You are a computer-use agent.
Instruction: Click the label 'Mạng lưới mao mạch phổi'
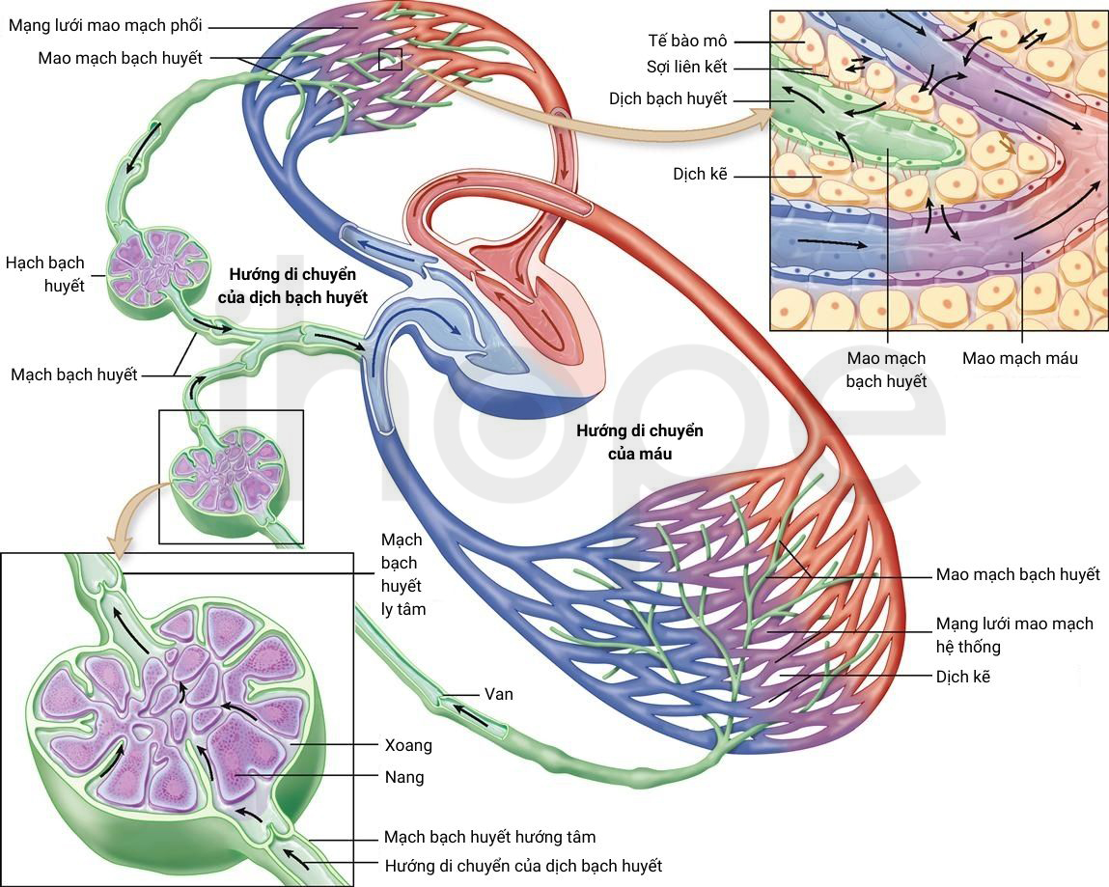click(x=105, y=26)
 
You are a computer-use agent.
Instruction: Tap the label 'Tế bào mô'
click(x=687, y=42)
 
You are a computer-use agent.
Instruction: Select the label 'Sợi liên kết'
click(x=687, y=68)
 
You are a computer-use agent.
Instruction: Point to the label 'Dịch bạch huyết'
click(x=668, y=99)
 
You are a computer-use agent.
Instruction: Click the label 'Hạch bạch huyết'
click(x=45, y=274)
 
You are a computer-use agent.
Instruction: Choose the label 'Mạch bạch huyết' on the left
click(x=74, y=374)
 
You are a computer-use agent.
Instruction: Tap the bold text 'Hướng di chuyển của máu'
click(x=639, y=442)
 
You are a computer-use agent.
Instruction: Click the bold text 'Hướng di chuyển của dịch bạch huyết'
click(x=292, y=286)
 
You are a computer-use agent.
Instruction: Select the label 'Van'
click(x=499, y=694)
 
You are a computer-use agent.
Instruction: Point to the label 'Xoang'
click(x=408, y=745)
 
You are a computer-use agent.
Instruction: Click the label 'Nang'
click(x=404, y=777)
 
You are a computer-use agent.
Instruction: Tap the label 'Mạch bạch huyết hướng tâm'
click(x=489, y=838)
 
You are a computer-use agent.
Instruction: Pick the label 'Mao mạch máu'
click(x=1020, y=358)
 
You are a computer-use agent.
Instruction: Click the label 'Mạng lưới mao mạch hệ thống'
click(x=1014, y=635)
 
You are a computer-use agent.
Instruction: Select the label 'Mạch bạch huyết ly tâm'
click(x=403, y=574)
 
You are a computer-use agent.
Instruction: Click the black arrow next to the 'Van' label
click(x=470, y=715)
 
